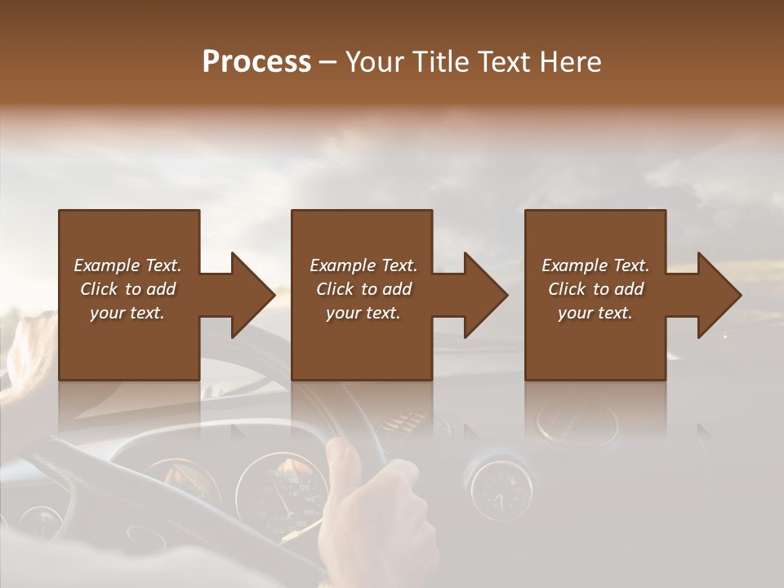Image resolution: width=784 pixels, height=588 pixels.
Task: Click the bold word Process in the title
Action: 256,62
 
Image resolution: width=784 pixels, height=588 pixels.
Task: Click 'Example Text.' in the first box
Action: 127,265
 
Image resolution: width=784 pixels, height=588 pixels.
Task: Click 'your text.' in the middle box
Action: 363,313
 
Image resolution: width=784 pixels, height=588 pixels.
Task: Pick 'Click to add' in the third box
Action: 595,289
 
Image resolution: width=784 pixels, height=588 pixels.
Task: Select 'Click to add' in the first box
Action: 127,289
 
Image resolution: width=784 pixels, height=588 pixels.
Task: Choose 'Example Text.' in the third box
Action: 595,265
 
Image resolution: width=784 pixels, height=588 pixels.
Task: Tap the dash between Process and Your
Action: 328,62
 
